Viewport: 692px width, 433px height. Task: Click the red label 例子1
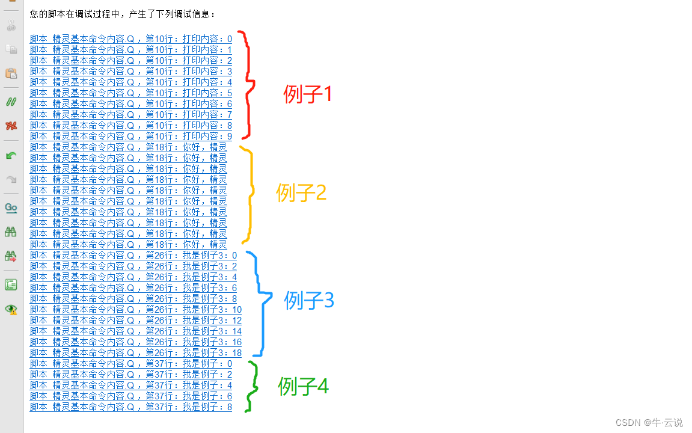click(x=307, y=94)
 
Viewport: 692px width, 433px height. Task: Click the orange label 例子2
click(x=301, y=192)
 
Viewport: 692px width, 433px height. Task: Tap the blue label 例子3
click(x=308, y=300)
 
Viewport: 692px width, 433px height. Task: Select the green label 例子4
click(x=303, y=387)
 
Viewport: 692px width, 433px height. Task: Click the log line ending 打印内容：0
click(x=130, y=39)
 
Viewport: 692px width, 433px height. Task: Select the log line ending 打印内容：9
click(x=130, y=137)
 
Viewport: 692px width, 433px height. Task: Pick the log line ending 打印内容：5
click(x=130, y=93)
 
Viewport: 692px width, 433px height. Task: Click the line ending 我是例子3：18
click(x=135, y=353)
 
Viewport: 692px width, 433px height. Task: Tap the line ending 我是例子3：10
click(x=135, y=310)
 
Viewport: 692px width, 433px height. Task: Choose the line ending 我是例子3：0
click(x=133, y=256)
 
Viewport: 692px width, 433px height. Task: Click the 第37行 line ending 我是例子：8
click(x=130, y=407)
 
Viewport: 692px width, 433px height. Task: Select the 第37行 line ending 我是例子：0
click(x=130, y=364)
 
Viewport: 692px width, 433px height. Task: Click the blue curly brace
click(x=260, y=304)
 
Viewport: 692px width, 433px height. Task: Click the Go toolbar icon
click(x=11, y=208)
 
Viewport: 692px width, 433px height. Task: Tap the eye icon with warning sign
click(x=11, y=309)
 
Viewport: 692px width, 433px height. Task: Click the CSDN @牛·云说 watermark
click(x=652, y=423)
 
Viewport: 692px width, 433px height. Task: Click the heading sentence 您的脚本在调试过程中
click(x=122, y=14)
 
